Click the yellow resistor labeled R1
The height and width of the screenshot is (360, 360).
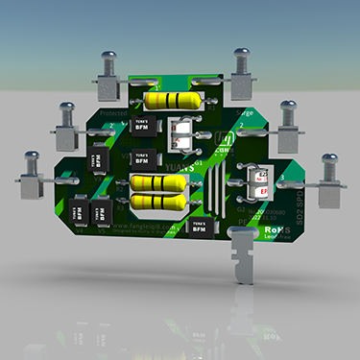click(x=177, y=101)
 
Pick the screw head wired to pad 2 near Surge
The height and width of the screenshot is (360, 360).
click(x=286, y=108)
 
